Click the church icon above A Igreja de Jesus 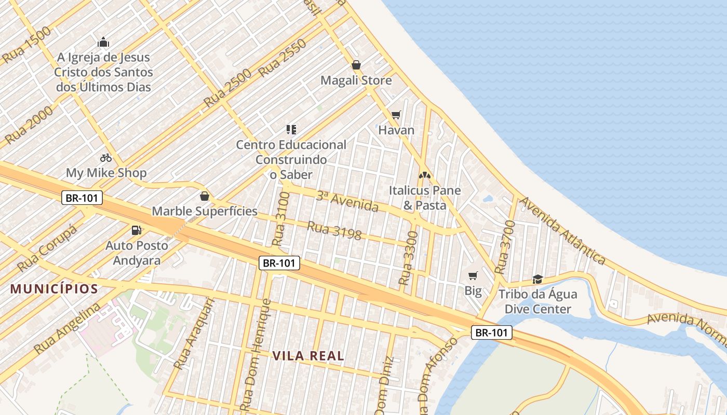[103, 42]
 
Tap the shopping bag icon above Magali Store [356, 65]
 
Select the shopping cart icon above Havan [396, 115]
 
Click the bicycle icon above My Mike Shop [106, 157]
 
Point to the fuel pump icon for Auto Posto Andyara [137, 229]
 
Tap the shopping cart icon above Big [473, 275]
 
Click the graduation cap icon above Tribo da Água [537, 279]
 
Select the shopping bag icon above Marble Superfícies [205, 196]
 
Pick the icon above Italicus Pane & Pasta [425, 175]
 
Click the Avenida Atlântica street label [563, 230]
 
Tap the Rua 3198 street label [334, 231]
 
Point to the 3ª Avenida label [347, 201]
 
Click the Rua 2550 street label [282, 58]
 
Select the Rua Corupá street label [47, 248]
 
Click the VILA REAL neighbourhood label [308, 356]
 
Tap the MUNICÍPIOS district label [54, 289]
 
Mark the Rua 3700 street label [505, 247]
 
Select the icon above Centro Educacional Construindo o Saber [291, 129]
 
